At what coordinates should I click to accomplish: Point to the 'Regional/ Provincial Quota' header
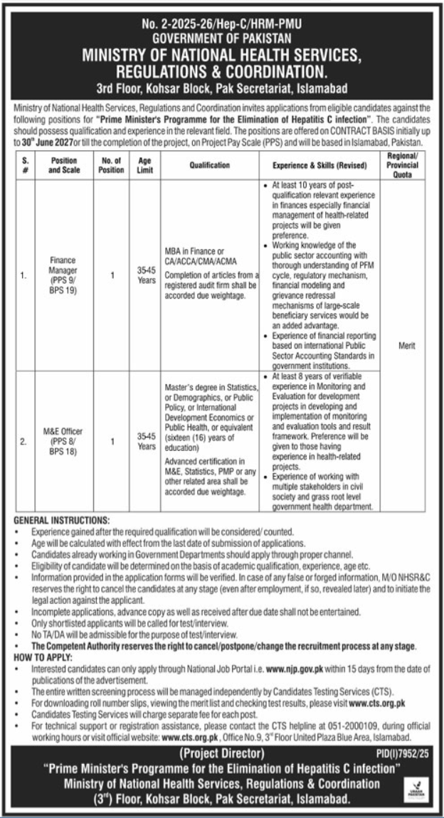point(403,165)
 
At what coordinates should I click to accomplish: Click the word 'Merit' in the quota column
point(403,346)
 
